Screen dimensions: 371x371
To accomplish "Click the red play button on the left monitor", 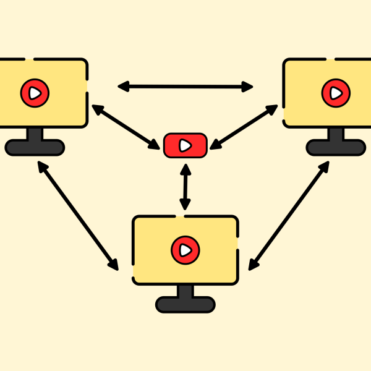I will pyautogui.click(x=35, y=93).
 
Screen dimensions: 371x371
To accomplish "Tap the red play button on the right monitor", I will pyautogui.click(x=336, y=93).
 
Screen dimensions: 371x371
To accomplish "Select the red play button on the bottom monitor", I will pyautogui.click(x=185, y=250).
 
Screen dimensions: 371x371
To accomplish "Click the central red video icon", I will pyautogui.click(x=185, y=145).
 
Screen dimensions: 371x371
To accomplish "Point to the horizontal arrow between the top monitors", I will pyautogui.click(x=185, y=86).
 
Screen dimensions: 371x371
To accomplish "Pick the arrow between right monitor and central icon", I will pyautogui.click(x=244, y=127).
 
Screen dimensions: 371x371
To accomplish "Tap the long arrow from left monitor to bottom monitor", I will pyautogui.click(x=78, y=216).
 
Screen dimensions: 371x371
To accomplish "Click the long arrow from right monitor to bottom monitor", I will pyautogui.click(x=289, y=216).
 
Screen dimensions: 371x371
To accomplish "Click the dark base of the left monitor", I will pyautogui.click(x=35, y=147).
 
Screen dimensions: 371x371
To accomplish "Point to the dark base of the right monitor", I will pyautogui.click(x=336, y=147).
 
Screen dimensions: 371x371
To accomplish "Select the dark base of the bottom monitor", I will pyautogui.click(x=185, y=304).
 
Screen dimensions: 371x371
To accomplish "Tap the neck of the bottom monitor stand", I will pyautogui.click(x=185, y=291).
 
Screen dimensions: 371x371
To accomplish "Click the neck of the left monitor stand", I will pyautogui.click(x=35, y=134).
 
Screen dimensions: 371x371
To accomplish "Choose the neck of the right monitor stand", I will pyautogui.click(x=336, y=134).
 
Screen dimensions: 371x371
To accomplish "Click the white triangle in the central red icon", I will pyautogui.click(x=185, y=145).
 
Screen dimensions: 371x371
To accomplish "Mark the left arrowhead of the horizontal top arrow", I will pyautogui.click(x=122, y=86).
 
